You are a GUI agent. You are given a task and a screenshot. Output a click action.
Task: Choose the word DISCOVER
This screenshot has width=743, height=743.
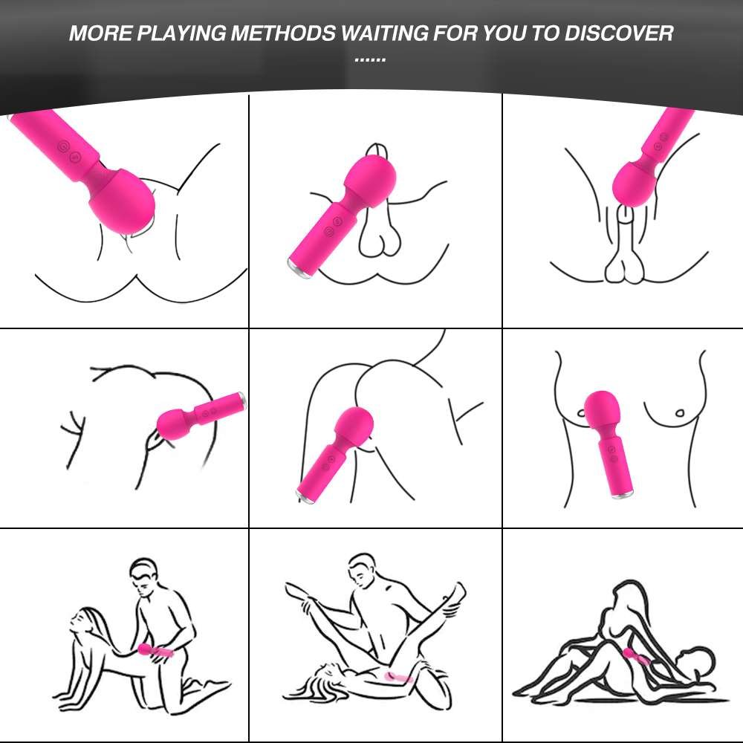[x=619, y=33]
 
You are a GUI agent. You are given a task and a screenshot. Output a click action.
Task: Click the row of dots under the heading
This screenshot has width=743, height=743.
[x=370, y=59]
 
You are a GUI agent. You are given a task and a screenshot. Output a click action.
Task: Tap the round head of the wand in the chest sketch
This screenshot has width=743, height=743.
[x=601, y=409]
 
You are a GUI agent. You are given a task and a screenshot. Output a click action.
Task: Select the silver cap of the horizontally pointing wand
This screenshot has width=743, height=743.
[x=242, y=401]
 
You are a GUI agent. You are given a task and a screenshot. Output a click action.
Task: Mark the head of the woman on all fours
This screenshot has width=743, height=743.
[x=85, y=618]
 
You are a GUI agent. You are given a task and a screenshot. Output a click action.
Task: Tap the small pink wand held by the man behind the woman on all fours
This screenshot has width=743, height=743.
[x=155, y=651]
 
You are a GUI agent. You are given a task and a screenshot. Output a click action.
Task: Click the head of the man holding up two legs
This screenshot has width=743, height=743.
[x=364, y=570]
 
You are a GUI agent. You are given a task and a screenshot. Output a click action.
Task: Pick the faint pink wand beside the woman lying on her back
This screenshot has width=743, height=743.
[x=398, y=678]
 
